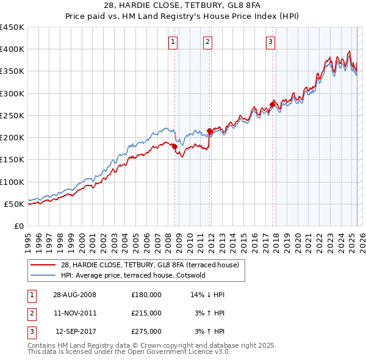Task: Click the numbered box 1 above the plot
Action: click(173, 42)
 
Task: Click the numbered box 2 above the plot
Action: click(207, 42)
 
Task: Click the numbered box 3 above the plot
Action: click(270, 42)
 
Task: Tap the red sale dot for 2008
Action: click(174, 146)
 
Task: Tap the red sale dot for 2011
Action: click(209, 131)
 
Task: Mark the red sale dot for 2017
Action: click(273, 104)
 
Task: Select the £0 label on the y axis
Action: click(20, 226)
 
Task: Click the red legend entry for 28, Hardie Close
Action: click(152, 264)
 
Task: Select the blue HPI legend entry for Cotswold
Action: click(133, 275)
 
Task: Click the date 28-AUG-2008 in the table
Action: click(74, 295)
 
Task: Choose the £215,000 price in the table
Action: click(146, 313)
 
